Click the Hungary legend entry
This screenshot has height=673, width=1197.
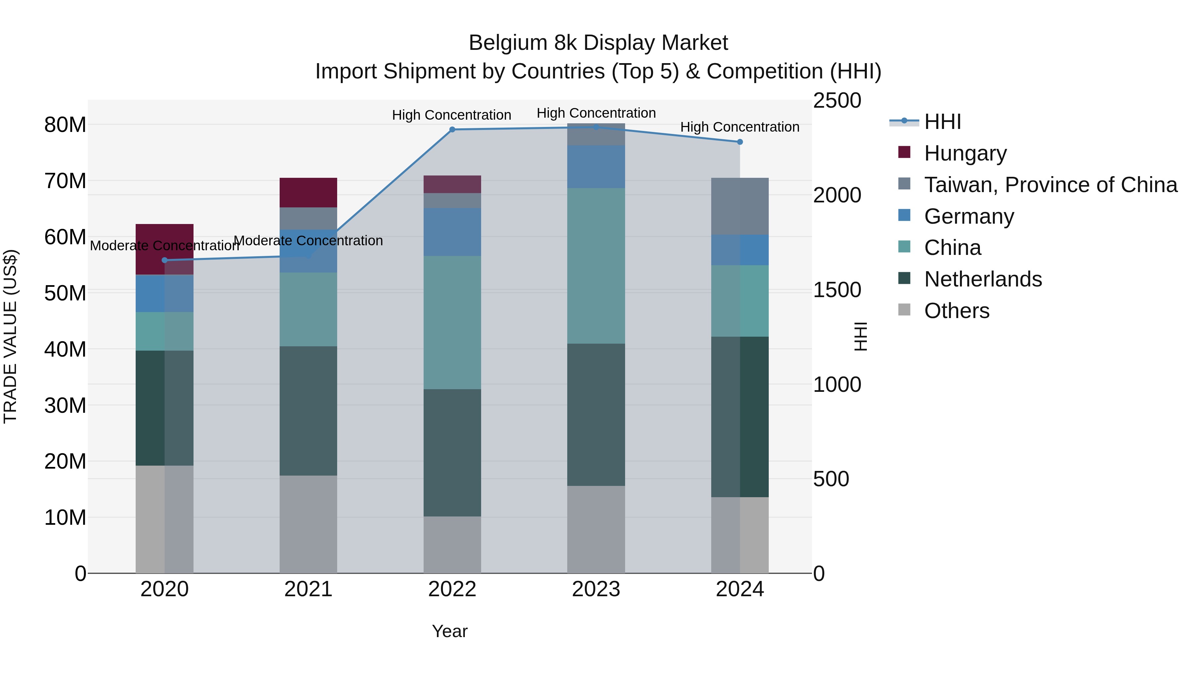965,153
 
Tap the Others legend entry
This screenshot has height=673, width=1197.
956,311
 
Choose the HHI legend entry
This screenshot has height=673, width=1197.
942,122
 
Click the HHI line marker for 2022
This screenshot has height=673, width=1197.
452,130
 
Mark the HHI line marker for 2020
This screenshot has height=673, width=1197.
165,261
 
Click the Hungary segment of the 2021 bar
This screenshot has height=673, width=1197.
308,192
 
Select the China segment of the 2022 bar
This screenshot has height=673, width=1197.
452,322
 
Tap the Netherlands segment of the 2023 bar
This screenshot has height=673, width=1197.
596,415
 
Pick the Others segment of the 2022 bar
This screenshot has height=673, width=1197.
452,544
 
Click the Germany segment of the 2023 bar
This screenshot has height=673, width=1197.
596,167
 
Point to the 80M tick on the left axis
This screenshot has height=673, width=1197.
65,125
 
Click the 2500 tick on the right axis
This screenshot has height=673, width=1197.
837,101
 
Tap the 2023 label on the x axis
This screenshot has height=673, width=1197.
596,589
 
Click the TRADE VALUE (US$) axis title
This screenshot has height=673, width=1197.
10,336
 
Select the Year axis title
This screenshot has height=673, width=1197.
449,631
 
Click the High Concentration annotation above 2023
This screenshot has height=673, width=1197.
596,113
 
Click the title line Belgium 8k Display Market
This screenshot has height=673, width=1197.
598,43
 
